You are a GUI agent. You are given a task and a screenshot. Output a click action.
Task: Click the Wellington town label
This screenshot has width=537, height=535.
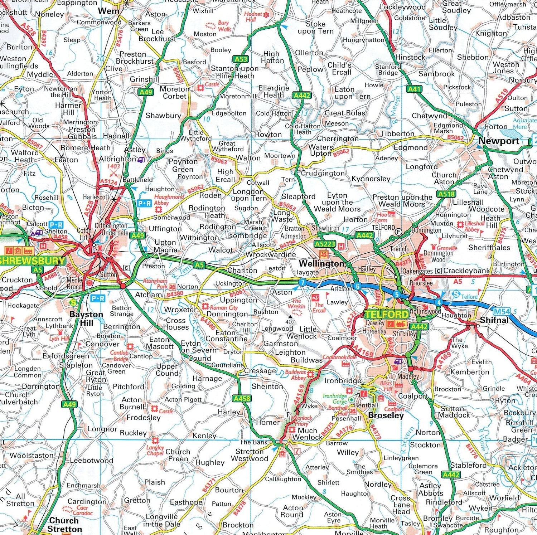pos(321,264)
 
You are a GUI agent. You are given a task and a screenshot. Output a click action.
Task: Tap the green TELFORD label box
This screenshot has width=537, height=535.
pos(386,315)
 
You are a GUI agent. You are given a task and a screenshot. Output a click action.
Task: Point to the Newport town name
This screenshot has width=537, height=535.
pos(498,141)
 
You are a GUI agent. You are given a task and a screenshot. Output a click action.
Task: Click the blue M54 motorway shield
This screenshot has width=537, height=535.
pos(502,311)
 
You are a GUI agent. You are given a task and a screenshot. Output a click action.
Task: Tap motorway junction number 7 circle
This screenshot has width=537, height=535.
pos(303,282)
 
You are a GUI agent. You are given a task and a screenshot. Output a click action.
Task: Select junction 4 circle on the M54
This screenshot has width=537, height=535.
pos(439,302)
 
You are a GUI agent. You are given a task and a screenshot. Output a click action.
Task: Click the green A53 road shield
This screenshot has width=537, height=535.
pos(241,59)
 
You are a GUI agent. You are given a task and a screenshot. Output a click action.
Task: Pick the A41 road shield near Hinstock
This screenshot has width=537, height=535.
pos(414,89)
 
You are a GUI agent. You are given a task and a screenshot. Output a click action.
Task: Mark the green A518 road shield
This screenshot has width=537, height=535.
pos(446,194)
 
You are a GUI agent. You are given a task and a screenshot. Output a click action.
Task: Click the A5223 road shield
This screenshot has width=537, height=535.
pos(325,244)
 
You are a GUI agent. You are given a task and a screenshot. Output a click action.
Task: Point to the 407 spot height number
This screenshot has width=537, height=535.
pos(290,322)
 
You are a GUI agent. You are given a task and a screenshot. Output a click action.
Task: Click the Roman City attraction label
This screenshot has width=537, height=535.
pos(223,307)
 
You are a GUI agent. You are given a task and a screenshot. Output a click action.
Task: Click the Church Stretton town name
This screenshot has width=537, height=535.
pos(64,525)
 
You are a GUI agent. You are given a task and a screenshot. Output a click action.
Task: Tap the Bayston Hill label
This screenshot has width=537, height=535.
pos(86,318)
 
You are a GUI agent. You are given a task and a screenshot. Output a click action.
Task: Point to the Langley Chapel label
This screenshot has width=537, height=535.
pos(155,450)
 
